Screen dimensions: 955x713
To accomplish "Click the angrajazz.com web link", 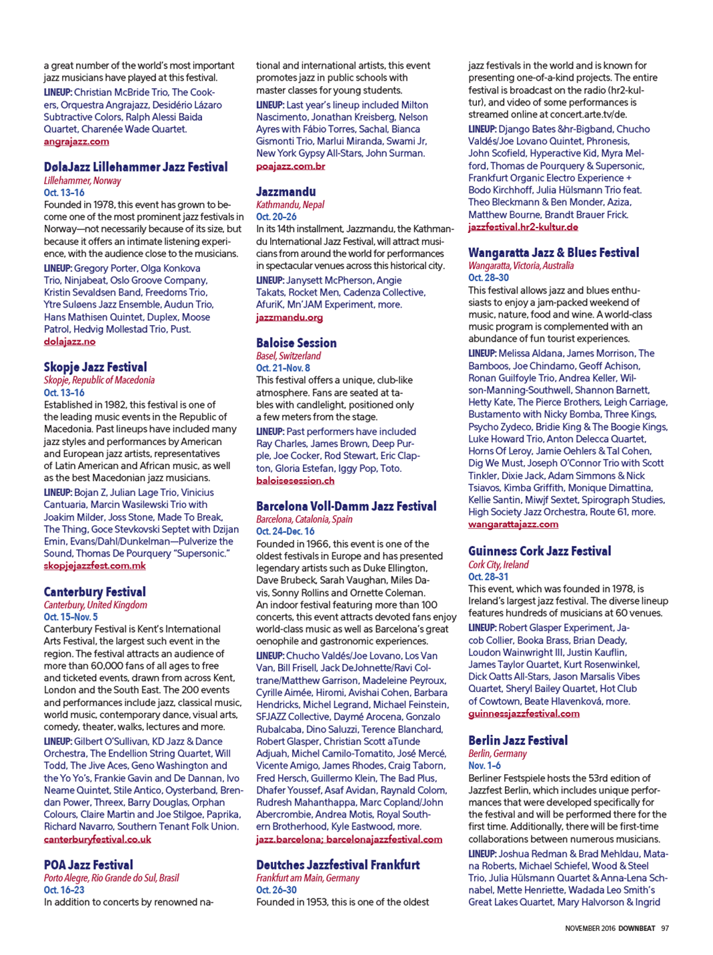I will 76,141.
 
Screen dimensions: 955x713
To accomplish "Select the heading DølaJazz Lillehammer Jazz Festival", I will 135,167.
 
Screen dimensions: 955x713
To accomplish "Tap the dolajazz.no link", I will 69,341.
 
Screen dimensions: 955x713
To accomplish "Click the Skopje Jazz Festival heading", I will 95,366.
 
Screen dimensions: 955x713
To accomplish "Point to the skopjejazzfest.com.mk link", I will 95,565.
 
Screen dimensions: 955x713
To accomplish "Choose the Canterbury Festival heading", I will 95,591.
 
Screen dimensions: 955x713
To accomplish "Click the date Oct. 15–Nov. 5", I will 71,617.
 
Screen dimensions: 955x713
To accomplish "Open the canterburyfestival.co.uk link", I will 97,839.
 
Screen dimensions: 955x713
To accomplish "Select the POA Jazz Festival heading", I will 88,864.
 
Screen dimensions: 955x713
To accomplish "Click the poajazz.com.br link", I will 290,166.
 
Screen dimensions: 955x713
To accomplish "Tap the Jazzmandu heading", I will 285,192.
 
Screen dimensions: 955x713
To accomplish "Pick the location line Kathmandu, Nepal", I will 289,204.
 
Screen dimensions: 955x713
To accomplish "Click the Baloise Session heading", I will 296,342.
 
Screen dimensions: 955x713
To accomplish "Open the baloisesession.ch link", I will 295,481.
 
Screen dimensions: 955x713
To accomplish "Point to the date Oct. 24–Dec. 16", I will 285,531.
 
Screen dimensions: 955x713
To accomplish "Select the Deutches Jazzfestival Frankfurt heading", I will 337,864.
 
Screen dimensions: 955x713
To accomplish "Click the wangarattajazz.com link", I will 513,524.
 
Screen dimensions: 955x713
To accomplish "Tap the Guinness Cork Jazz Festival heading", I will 539,551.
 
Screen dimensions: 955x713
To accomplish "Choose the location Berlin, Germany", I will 497,753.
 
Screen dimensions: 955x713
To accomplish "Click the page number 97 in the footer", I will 665,928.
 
